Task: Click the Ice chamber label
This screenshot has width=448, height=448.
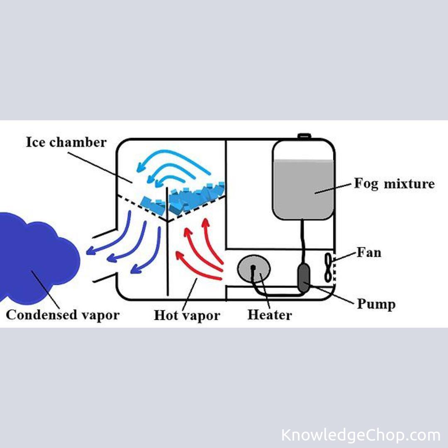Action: click(x=66, y=142)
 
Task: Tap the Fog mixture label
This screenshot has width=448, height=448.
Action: click(x=394, y=184)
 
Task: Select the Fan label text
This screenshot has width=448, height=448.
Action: click(x=369, y=253)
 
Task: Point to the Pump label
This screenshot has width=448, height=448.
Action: click(x=376, y=304)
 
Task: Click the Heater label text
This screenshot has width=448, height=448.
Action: click(x=270, y=315)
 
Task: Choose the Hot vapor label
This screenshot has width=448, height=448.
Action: click(x=187, y=316)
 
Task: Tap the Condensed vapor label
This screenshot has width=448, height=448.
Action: click(x=63, y=315)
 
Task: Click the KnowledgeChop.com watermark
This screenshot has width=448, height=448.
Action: click(x=361, y=435)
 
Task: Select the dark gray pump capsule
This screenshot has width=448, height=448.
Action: click(x=303, y=278)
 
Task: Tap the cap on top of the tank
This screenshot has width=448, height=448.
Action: click(x=304, y=136)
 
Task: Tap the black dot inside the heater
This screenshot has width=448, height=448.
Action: click(x=253, y=268)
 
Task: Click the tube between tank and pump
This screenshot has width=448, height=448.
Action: click(x=302, y=242)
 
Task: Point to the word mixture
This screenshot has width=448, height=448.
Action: click(x=409, y=184)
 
